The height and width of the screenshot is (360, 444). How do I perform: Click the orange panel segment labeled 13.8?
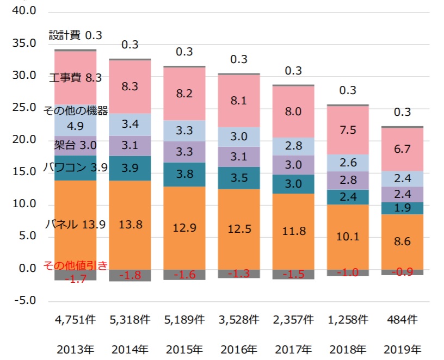pos(130,225)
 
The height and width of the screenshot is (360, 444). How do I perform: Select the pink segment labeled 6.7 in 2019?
pos(403,149)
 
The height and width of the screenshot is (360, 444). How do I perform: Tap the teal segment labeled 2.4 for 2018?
pos(348,197)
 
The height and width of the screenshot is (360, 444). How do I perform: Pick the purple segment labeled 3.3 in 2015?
pos(184,152)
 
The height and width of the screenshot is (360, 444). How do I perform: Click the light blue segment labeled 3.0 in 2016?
pos(239,136)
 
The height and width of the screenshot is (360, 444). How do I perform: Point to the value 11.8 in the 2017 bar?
pos(293,231)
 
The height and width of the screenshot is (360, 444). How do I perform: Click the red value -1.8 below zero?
pos(130,275)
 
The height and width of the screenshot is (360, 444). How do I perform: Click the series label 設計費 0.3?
pos(76,35)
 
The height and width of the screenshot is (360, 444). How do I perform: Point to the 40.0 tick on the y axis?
pos(23,11)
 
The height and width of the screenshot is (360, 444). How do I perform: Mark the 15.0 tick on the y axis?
pos(23,172)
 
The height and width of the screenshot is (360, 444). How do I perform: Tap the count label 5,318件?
pos(130,320)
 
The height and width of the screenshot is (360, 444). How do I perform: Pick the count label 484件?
pos(403,320)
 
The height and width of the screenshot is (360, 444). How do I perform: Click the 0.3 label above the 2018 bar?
pos(348,91)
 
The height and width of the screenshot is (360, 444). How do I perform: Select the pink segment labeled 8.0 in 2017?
pos(293,112)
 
